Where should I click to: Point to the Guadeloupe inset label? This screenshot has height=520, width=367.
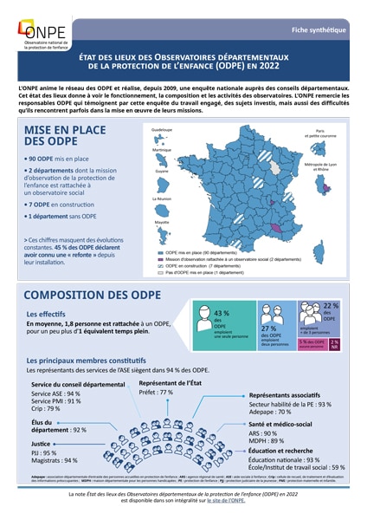(x=162, y=129)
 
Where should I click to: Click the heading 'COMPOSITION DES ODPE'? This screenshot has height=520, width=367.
(x=95, y=295)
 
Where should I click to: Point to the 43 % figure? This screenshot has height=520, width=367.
(x=221, y=314)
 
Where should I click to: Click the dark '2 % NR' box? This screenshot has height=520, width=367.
(x=334, y=344)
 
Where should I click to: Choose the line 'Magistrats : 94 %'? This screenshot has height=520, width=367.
(x=55, y=460)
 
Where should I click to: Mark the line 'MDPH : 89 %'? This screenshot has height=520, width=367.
(x=266, y=440)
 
